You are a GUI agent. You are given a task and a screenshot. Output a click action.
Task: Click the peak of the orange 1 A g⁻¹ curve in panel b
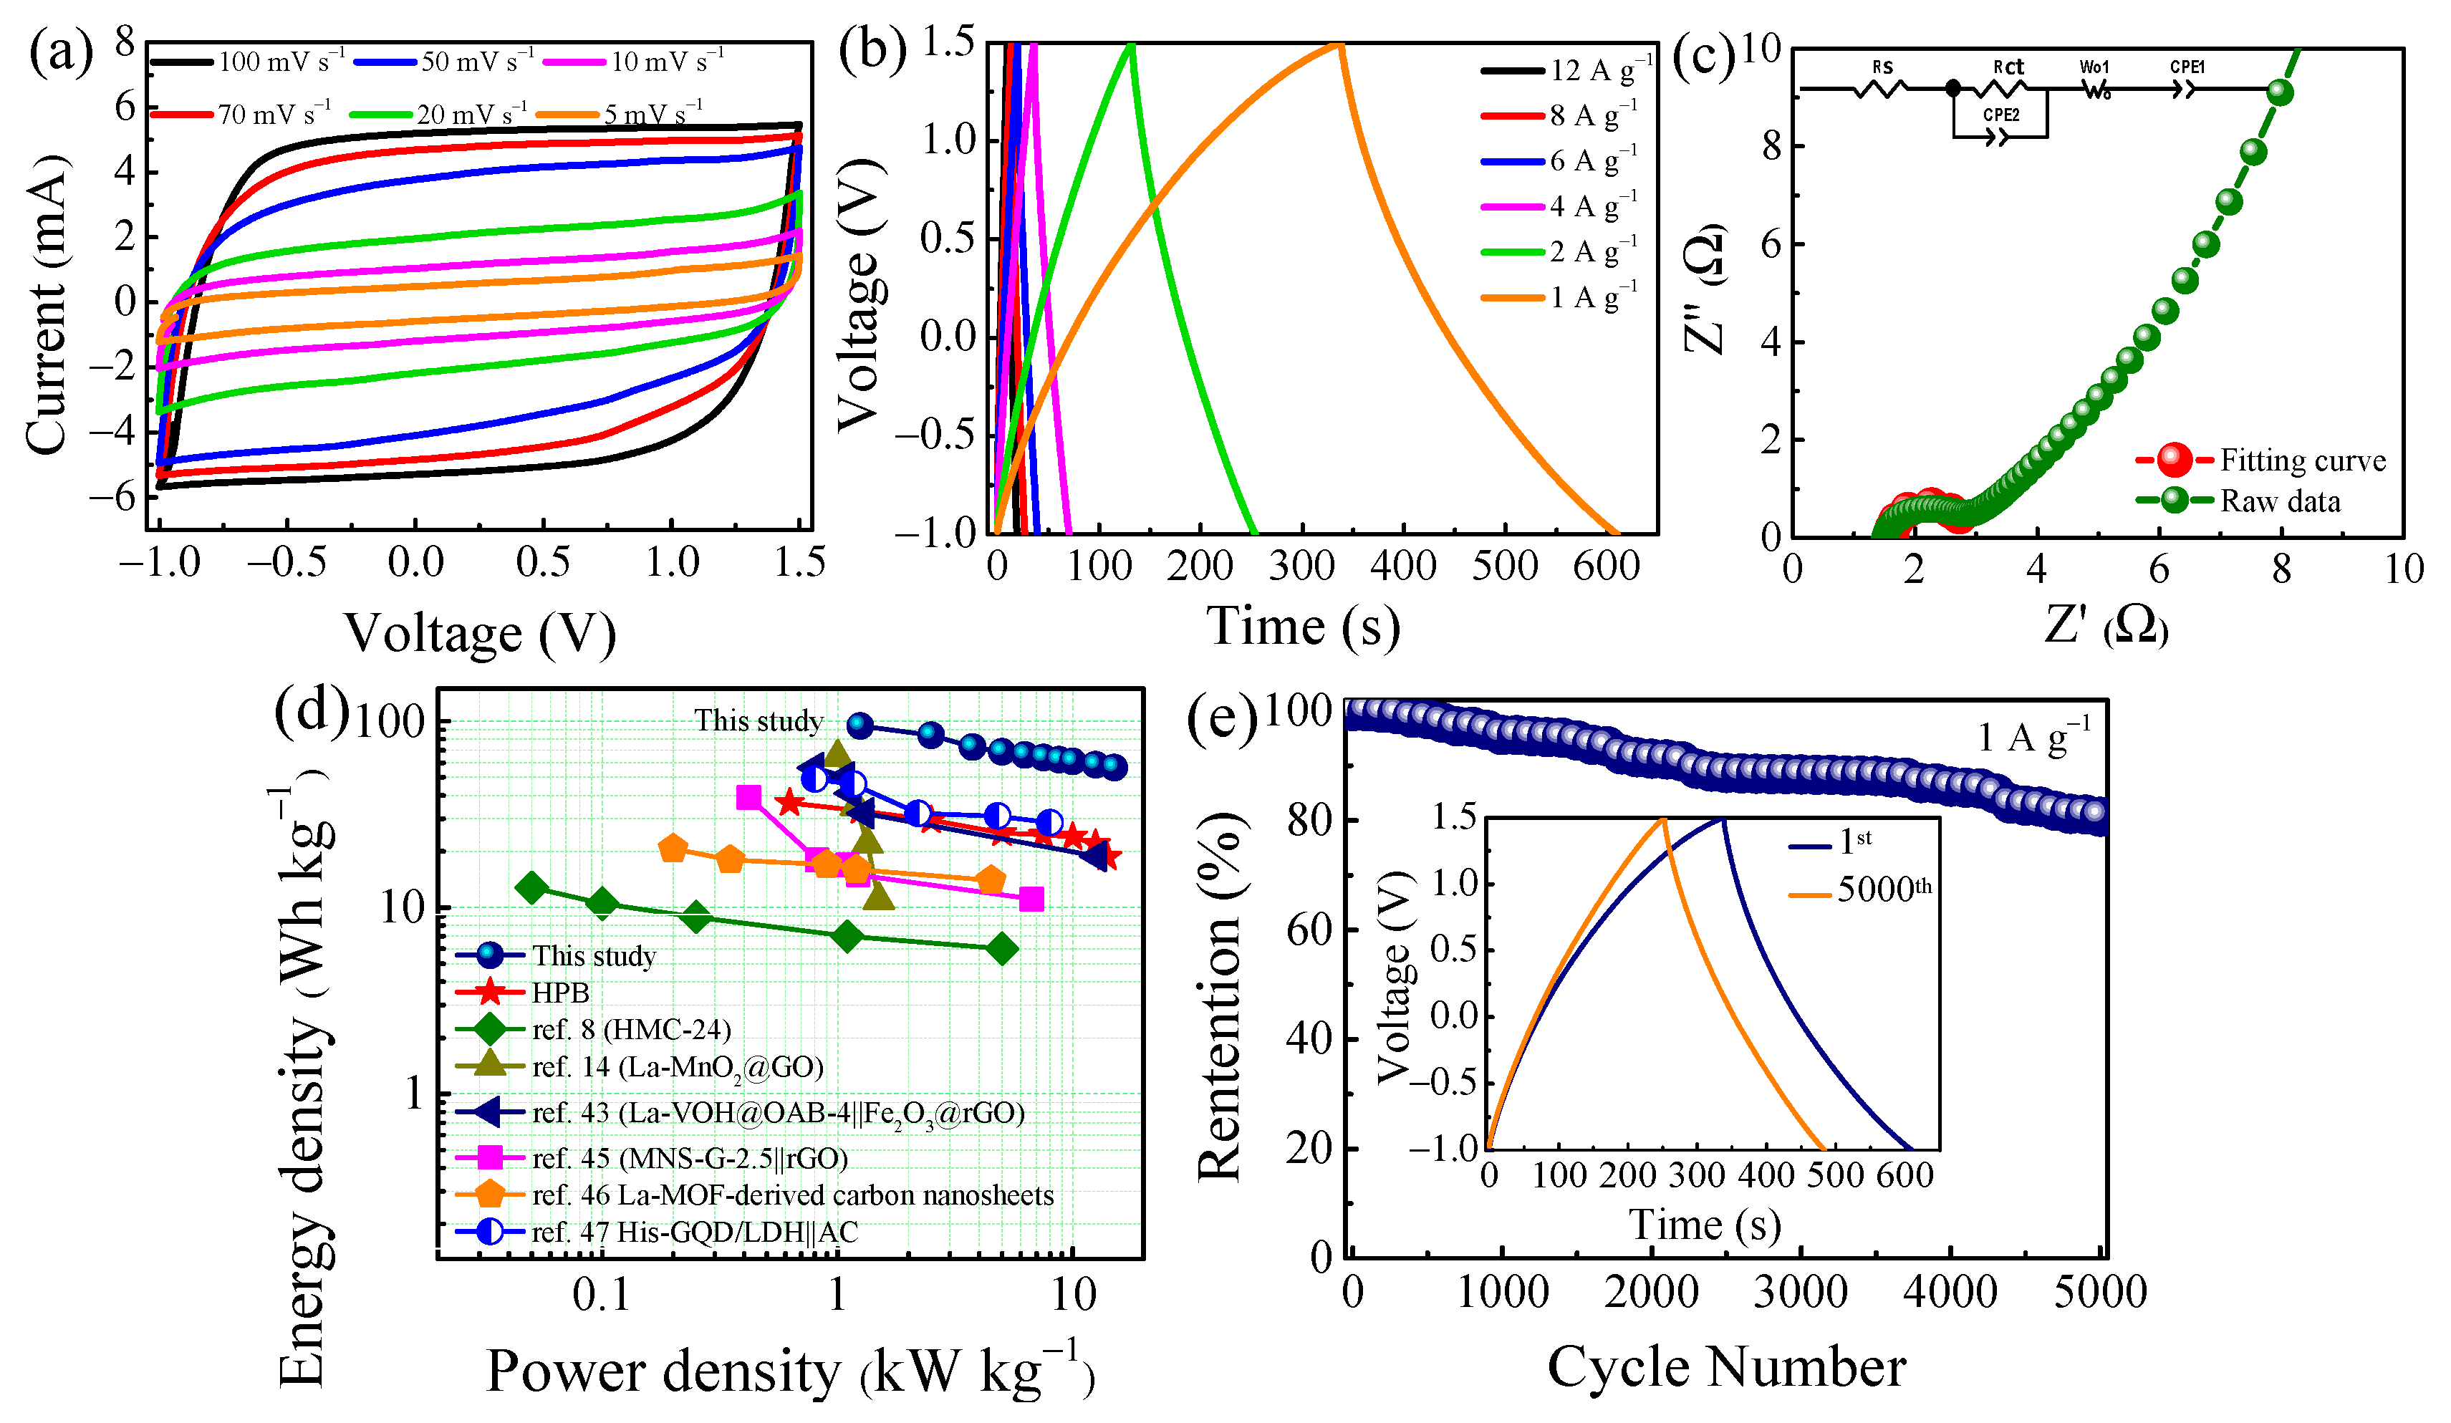pos(1340,44)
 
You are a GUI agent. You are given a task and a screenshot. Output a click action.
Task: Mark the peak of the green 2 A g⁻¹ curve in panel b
pos(1131,44)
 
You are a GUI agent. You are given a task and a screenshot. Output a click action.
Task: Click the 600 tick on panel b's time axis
pos(1607,566)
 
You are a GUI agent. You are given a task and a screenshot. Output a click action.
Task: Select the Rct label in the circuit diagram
pos(2008,67)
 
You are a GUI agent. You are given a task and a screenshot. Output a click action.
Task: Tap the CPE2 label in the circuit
pos(2002,115)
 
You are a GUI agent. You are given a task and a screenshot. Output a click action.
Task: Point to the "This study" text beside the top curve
pos(758,720)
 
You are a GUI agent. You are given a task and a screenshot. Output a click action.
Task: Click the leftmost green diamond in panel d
pos(531,888)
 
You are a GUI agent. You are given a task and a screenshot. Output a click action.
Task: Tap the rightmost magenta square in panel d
pos(1031,899)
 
